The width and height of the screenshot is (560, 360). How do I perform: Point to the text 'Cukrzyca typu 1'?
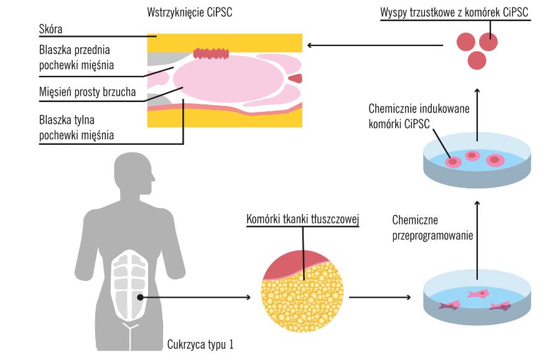(201, 343)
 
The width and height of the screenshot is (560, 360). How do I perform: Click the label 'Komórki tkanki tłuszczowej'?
(303, 219)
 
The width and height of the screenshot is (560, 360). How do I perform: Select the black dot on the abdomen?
(141, 297)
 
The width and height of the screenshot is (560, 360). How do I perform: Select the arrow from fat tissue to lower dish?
(380, 297)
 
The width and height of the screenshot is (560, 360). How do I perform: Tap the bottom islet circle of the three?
(477, 60)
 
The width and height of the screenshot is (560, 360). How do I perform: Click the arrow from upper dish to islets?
(478, 109)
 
